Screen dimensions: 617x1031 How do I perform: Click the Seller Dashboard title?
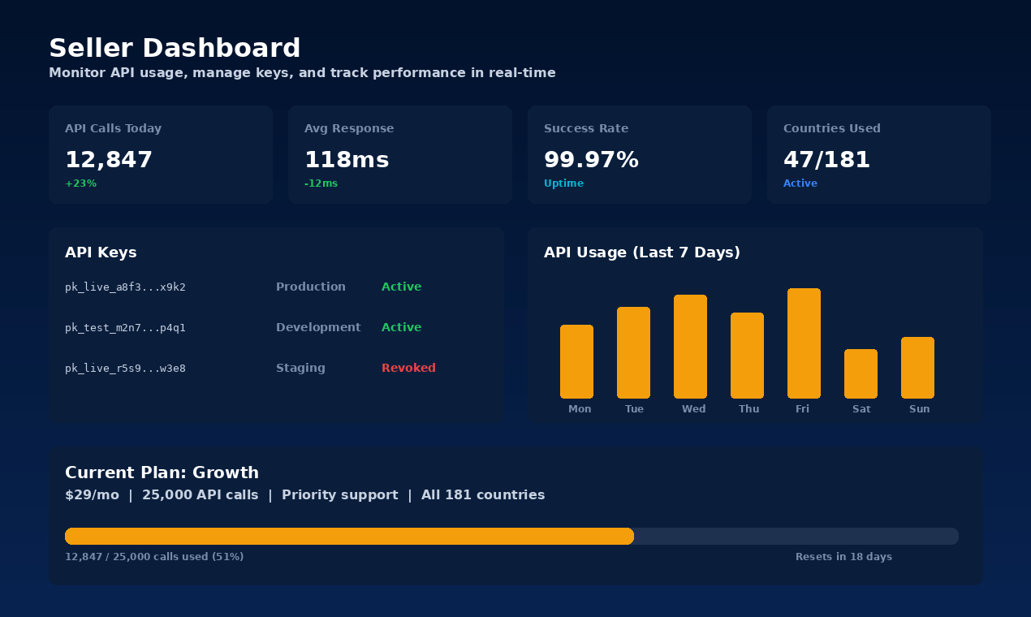pyautogui.click(x=175, y=49)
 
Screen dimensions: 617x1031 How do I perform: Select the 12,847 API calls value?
pyautogui.click(x=109, y=160)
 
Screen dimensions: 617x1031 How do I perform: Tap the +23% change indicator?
pyautogui.click(x=80, y=183)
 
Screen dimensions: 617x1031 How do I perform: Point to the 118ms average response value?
pyautogui.click(x=347, y=160)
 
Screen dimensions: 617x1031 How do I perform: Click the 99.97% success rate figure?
pyautogui.click(x=591, y=160)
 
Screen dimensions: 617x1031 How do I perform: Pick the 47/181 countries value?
pyautogui.click(x=826, y=160)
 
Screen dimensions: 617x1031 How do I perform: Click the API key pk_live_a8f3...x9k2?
pyautogui.click(x=125, y=287)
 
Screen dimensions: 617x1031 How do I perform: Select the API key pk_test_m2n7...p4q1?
pyautogui.click(x=125, y=328)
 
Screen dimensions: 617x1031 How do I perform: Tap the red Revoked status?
pyautogui.click(x=408, y=368)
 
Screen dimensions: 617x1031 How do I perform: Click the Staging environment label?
pyautogui.click(x=300, y=368)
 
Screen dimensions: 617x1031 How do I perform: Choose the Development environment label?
pyautogui.click(x=318, y=327)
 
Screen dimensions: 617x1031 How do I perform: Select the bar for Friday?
pyautogui.click(x=804, y=343)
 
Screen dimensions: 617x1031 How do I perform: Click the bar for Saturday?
pyautogui.click(x=861, y=373)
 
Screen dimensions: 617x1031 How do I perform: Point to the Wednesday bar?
pyautogui.click(x=690, y=347)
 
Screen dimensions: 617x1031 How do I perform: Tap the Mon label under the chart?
pyautogui.click(x=580, y=409)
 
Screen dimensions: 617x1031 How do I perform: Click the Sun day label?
pyautogui.click(x=919, y=409)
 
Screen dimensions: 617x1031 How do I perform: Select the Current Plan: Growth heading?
pyautogui.click(x=162, y=472)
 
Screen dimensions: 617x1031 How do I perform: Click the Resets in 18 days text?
pyautogui.click(x=843, y=557)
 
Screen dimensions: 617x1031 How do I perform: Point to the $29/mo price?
pyautogui.click(x=92, y=495)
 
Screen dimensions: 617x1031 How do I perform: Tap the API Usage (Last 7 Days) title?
pyautogui.click(x=641, y=252)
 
